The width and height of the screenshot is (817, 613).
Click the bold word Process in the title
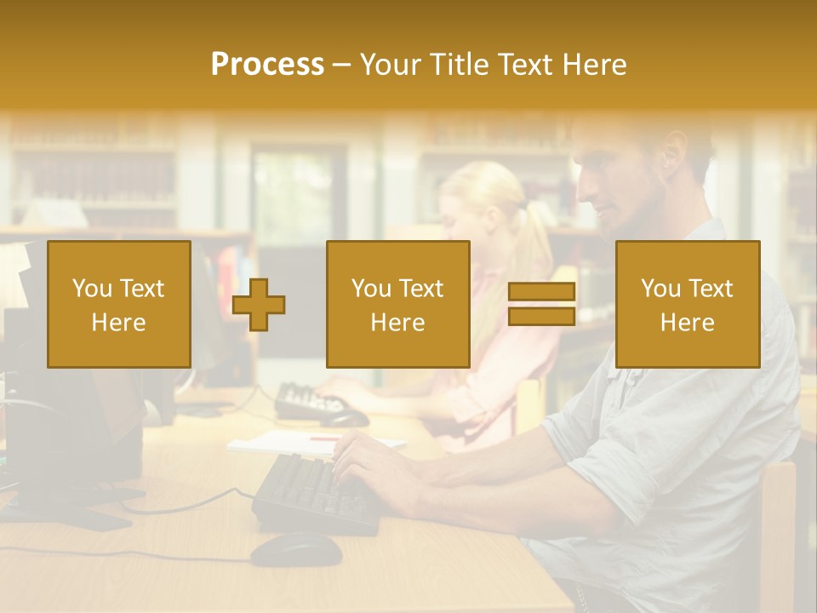[x=267, y=65]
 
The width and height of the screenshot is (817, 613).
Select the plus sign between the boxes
[x=259, y=305]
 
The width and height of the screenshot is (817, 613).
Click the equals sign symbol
[x=541, y=305]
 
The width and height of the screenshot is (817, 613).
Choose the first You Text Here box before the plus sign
[x=119, y=305]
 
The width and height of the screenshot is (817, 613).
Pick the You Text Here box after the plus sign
[x=397, y=305]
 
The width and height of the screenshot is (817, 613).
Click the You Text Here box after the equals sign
[x=687, y=305]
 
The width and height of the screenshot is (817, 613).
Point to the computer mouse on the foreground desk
[x=295, y=549]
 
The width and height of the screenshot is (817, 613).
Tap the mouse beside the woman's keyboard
[x=345, y=418]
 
